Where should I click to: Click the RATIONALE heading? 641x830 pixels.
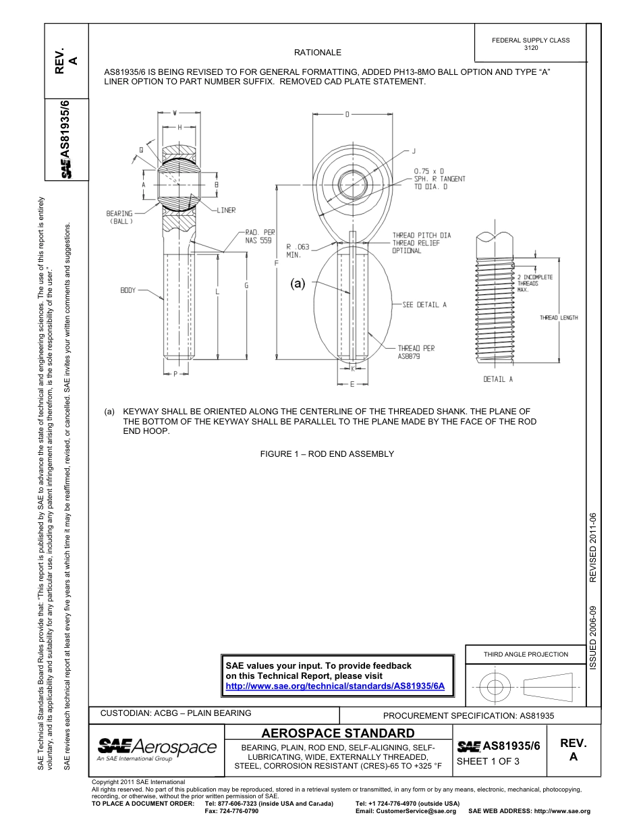[317, 53]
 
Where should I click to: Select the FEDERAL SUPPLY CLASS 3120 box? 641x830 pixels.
[530, 44]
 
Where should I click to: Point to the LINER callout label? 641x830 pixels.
[226, 211]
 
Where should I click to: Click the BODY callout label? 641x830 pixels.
[128, 290]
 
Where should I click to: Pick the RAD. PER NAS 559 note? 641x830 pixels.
[260, 236]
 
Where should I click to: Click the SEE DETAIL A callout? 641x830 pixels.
[424, 305]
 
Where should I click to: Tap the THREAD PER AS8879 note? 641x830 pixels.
[416, 352]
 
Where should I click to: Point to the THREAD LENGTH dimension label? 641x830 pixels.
[559, 318]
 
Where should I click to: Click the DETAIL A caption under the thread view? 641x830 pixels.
[498, 379]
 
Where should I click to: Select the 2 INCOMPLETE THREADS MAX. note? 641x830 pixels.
[534, 283]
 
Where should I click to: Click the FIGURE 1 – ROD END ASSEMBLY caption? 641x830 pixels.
[327, 454]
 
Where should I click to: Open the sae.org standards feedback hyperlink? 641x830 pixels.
[335, 686]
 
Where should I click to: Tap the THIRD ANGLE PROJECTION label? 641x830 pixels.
[526, 654]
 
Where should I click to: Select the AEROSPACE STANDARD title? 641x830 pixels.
[337, 734]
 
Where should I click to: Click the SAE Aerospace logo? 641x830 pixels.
[157, 748]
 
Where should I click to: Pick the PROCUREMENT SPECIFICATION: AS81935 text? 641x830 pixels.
[468, 716]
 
